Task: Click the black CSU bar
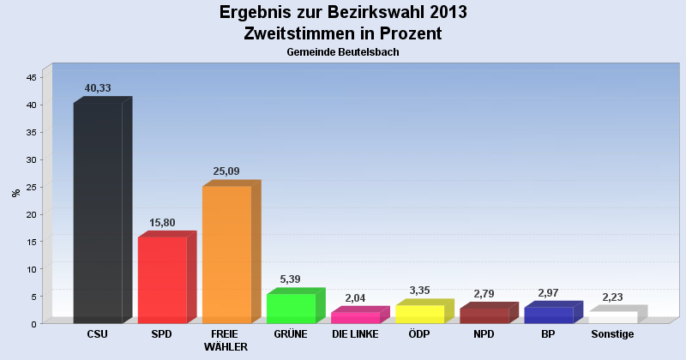pyautogui.click(x=102, y=210)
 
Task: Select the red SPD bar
pyautogui.click(x=166, y=278)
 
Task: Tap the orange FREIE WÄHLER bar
pyautogui.click(x=232, y=252)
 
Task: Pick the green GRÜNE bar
pyautogui.click(x=296, y=306)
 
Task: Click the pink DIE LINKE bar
pyautogui.click(x=360, y=315)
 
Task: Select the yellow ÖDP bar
pyautogui.click(x=424, y=311)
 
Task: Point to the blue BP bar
pyautogui.click(x=553, y=312)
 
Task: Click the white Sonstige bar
pyautogui.click(x=617, y=315)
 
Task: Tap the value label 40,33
pyautogui.click(x=98, y=88)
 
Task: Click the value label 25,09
pyautogui.click(x=226, y=171)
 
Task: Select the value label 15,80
pyautogui.click(x=162, y=223)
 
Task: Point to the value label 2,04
pyautogui.click(x=355, y=298)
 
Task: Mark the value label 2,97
pyautogui.click(x=548, y=292)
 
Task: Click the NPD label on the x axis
pyautogui.click(x=484, y=334)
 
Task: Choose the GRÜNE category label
pyautogui.click(x=291, y=334)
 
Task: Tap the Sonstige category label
pyautogui.click(x=612, y=334)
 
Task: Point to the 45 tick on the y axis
pyautogui.click(x=32, y=77)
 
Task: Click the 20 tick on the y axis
pyautogui.click(x=32, y=214)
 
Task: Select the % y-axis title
pyautogui.click(x=16, y=193)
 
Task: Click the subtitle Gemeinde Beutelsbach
pyautogui.click(x=343, y=52)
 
